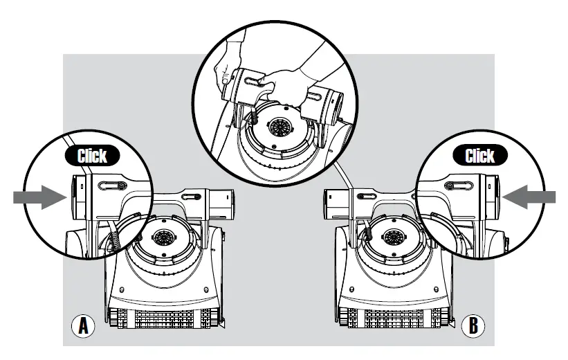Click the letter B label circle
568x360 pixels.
[474, 325]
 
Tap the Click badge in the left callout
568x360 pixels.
[92, 155]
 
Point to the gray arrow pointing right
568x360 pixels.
[39, 197]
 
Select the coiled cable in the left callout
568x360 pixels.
[115, 240]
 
